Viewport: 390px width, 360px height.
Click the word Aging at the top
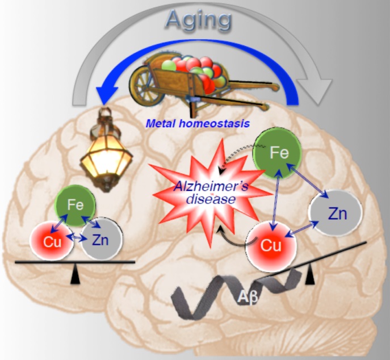coord(199,20)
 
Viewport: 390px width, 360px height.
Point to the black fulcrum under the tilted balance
coord(310,277)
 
